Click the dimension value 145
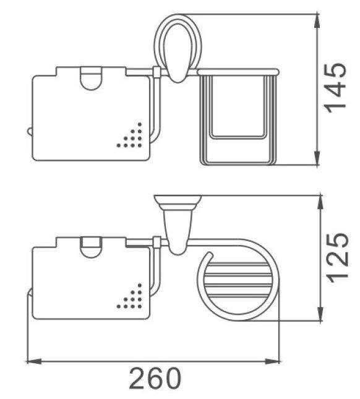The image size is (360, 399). tap(336, 88)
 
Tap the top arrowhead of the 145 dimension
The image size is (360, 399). tap(317, 22)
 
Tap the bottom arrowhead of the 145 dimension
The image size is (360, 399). tap(317, 158)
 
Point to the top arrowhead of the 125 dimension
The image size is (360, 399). tap(320, 203)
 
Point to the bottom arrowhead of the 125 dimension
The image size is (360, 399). tap(320, 314)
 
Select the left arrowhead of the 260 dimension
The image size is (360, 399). tap(34, 361)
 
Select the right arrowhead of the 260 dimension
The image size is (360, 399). tap(272, 361)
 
